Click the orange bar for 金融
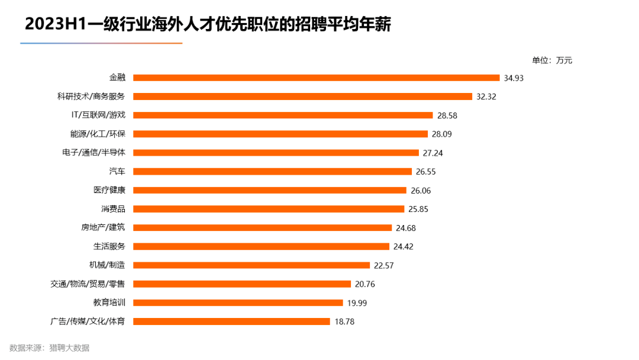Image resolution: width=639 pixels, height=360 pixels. (317, 78)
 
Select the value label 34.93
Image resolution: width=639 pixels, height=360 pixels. (514, 78)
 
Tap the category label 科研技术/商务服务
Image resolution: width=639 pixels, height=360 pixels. (91, 96)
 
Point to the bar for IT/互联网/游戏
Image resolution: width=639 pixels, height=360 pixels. (283, 115)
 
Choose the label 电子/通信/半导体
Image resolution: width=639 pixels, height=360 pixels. (93, 153)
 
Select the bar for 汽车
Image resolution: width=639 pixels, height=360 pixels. (272, 171)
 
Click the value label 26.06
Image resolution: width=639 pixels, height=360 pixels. (421, 190)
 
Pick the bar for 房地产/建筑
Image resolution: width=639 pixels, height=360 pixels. (262, 227)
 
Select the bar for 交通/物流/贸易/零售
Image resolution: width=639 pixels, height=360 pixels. (242, 284)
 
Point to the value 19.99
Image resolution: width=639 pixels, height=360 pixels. (357, 303)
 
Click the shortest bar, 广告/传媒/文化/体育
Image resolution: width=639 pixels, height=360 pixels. (231, 322)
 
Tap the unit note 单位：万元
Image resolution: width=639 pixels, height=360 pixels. (552, 60)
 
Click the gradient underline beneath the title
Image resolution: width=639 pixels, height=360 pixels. (101, 43)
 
